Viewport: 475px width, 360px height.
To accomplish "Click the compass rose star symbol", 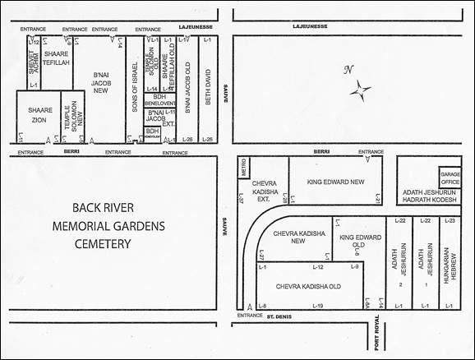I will tap(360, 89).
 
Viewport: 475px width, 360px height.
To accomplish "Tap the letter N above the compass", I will tap(348, 70).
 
